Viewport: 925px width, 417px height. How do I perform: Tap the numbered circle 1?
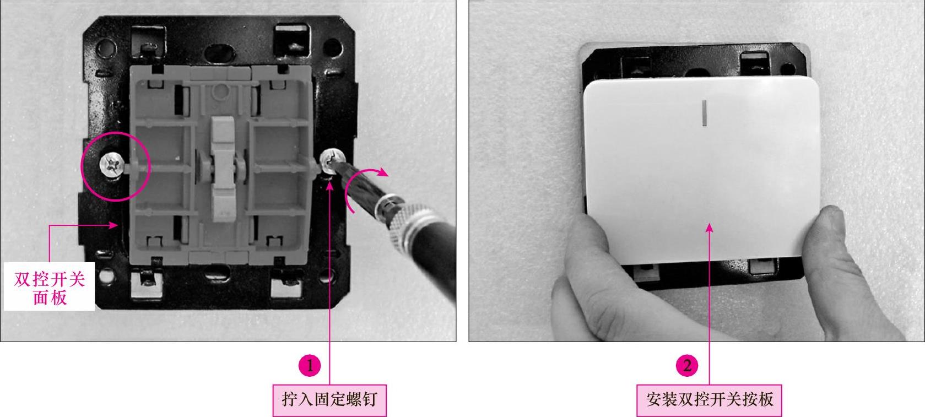point(309,365)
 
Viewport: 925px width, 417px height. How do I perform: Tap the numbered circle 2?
point(687,365)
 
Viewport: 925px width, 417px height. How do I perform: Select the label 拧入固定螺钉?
point(329,400)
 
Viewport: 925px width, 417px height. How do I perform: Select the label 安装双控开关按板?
point(709,400)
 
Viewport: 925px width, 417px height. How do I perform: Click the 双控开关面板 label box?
point(49,286)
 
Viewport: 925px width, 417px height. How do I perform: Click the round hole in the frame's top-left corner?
point(106,47)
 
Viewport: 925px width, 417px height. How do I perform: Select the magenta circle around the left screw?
point(116,132)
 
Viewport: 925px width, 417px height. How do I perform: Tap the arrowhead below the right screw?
point(329,186)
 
